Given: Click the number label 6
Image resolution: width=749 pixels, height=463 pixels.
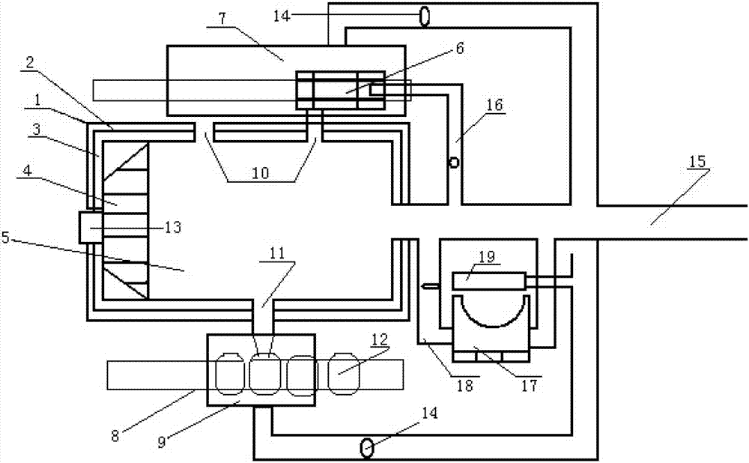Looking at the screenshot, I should pos(459,49).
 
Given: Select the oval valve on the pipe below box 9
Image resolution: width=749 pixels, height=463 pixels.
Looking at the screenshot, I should pos(368,448).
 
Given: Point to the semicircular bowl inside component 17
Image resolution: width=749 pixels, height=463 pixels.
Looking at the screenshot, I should pos(491,310).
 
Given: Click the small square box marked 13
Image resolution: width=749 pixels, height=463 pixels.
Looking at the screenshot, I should pos(90,227).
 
